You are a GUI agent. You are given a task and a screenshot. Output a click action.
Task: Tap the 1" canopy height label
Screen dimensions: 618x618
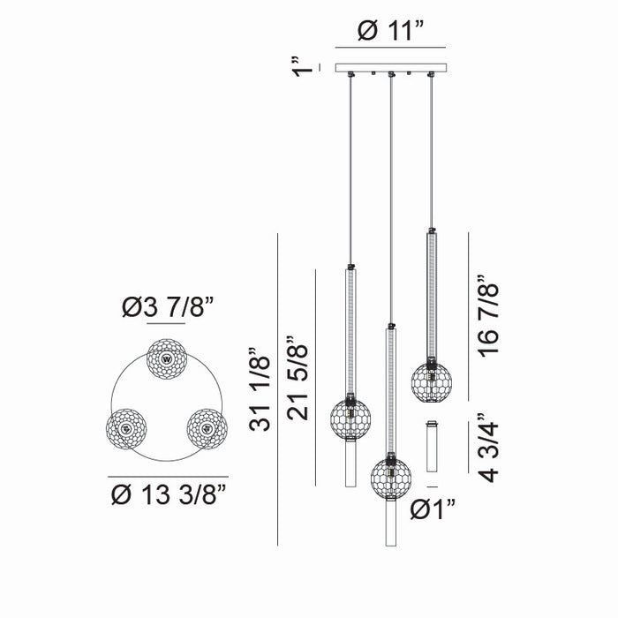[x=304, y=66]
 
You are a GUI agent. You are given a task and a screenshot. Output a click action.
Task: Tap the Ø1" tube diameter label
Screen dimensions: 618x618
[x=433, y=509]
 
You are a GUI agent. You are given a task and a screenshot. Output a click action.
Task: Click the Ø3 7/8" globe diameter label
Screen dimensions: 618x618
[x=168, y=307]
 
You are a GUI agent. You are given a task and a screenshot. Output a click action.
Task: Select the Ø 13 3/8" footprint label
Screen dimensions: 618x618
[x=169, y=493]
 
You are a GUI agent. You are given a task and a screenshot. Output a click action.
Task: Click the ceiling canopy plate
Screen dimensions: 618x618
[x=390, y=67]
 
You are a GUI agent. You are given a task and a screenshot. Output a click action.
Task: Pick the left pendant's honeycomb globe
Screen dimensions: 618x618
[x=350, y=418]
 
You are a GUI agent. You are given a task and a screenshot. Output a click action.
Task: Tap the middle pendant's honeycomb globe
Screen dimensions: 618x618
[x=390, y=477]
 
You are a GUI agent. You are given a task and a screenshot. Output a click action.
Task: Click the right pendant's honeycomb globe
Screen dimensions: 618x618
[x=431, y=380]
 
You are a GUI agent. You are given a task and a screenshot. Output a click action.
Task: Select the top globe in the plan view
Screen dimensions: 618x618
[x=167, y=359]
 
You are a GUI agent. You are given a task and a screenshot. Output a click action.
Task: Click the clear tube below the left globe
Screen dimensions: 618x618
[x=350, y=463]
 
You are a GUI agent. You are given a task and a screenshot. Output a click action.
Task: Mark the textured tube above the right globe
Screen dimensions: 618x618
[x=431, y=295]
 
